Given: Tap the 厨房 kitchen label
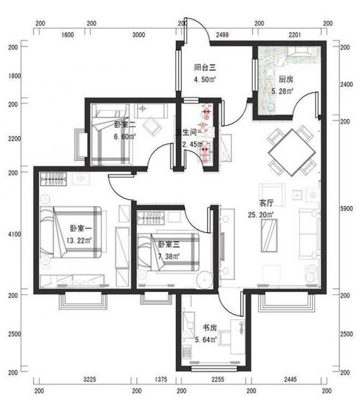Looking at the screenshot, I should pyautogui.click(x=285, y=79).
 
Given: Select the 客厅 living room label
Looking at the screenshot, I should pyautogui.click(x=266, y=203).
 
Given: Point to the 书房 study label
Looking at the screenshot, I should pyautogui.click(x=210, y=328).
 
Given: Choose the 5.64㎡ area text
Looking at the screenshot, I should pyautogui.click(x=206, y=339).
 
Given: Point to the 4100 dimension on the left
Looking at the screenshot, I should pyautogui.click(x=13, y=234).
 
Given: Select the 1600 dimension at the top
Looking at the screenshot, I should pyautogui.click(x=67, y=34).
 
